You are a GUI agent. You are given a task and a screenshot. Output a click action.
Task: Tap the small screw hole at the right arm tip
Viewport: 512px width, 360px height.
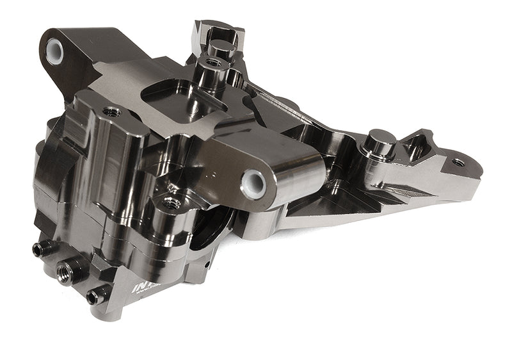458,162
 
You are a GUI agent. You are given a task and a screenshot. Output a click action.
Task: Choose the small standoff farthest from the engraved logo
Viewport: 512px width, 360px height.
44,249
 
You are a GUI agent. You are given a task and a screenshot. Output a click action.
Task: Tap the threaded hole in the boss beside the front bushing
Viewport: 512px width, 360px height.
170,204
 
